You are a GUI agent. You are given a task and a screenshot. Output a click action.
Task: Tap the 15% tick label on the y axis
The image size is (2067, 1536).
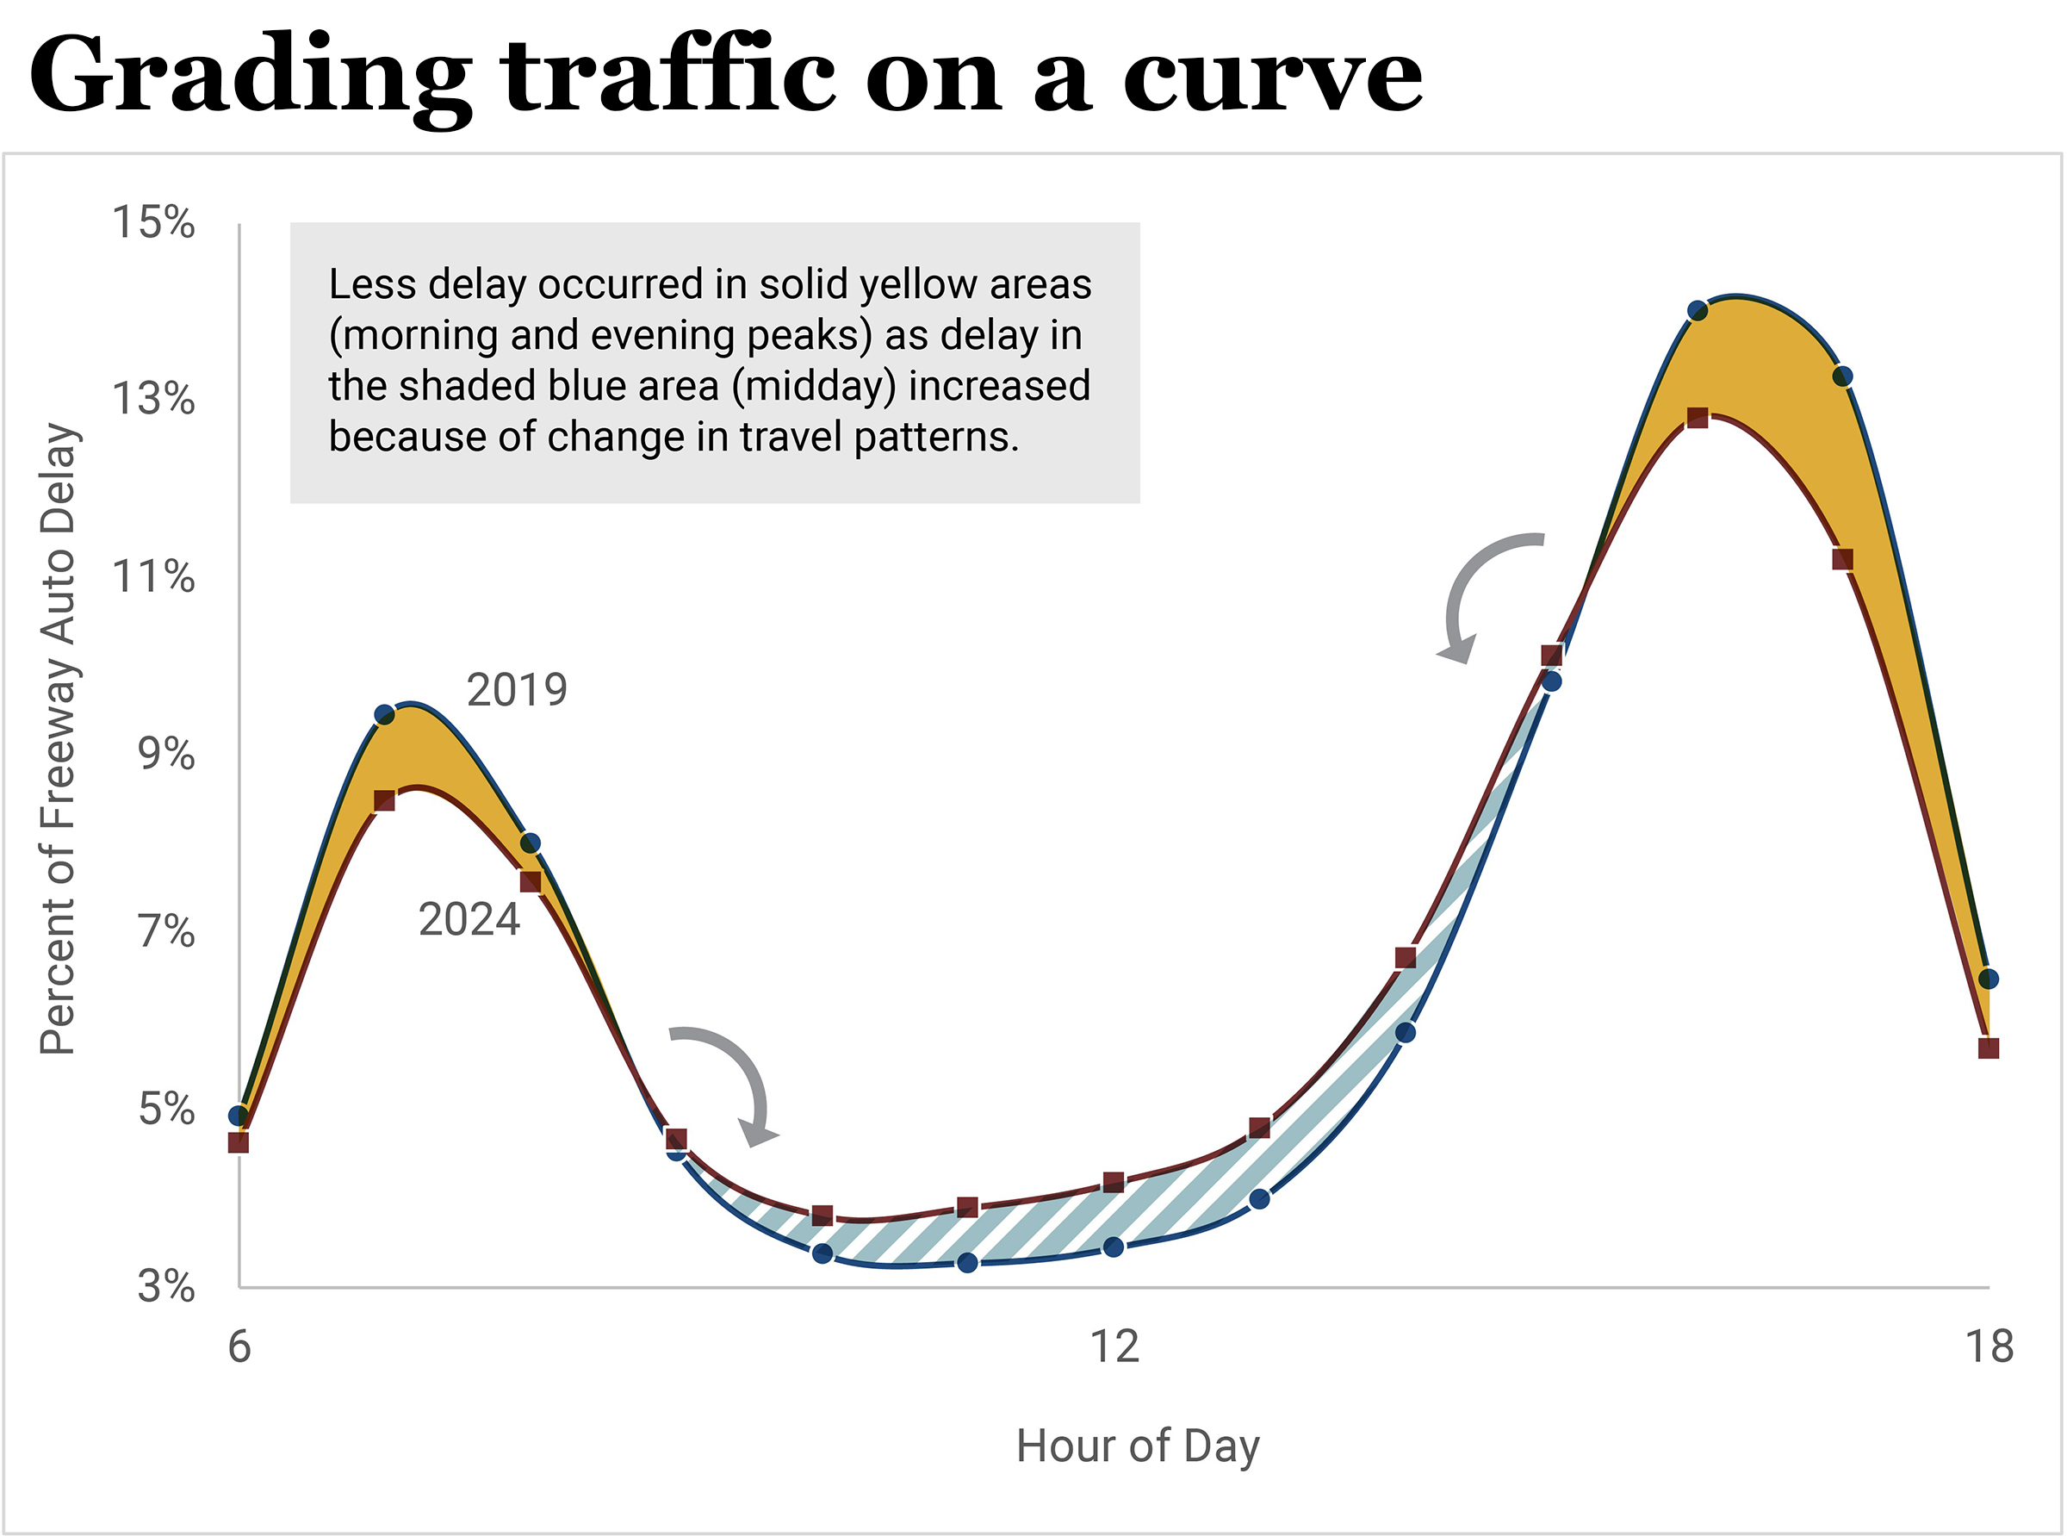pyautogui.click(x=153, y=223)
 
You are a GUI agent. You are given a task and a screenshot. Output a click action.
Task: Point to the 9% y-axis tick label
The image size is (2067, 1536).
pyautogui.click(x=166, y=754)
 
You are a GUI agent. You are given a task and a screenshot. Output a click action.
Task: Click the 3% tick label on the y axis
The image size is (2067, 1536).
pyautogui.click(x=166, y=1287)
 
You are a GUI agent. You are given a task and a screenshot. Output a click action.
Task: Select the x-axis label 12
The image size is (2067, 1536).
pyautogui.click(x=1114, y=1347)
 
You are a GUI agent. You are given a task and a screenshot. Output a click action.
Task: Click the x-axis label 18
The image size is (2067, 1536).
pyautogui.click(x=1989, y=1347)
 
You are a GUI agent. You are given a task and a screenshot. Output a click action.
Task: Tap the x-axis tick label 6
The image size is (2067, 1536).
pyautogui.click(x=239, y=1347)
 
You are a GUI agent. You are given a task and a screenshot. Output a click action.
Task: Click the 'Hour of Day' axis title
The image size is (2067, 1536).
pyautogui.click(x=1138, y=1446)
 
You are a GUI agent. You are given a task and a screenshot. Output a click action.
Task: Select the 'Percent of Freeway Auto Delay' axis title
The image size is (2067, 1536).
pyautogui.click(x=58, y=739)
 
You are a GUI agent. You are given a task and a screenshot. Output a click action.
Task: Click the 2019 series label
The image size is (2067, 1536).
pyautogui.click(x=516, y=691)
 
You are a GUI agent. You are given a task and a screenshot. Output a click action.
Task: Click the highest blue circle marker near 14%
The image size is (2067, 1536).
pyautogui.click(x=1698, y=310)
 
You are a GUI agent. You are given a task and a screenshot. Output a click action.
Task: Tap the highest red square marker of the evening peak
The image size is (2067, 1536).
pyautogui.click(x=1698, y=418)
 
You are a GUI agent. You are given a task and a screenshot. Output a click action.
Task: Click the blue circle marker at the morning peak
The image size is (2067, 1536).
pyautogui.click(x=385, y=715)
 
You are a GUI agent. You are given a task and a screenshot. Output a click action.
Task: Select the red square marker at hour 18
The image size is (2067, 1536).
pyautogui.click(x=1988, y=1048)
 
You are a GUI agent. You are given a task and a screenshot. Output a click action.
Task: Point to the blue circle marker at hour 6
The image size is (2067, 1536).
pyautogui.click(x=239, y=1116)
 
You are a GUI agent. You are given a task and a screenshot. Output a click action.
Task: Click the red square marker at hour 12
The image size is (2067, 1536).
pyautogui.click(x=1114, y=1183)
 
